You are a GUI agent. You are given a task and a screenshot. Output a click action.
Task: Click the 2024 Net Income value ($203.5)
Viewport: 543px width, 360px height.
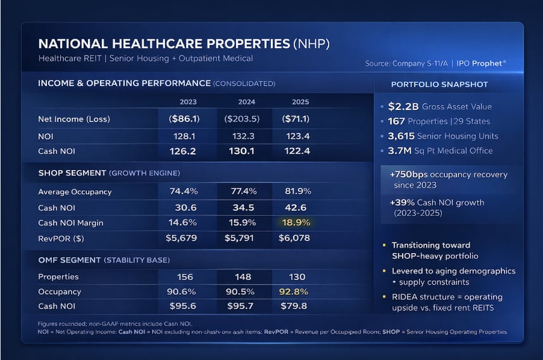[x=242, y=118]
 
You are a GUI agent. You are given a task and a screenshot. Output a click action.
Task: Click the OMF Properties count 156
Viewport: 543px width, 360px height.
[x=184, y=277]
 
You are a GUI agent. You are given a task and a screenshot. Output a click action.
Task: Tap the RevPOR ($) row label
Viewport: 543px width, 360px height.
[x=61, y=238]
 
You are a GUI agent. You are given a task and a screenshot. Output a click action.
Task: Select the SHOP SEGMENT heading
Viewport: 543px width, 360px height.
[x=73, y=173]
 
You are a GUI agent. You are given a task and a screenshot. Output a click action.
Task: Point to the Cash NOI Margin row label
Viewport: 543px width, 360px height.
[x=70, y=223]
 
